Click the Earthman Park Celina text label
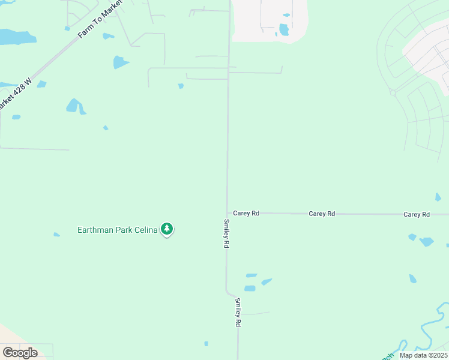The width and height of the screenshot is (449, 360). (117, 230)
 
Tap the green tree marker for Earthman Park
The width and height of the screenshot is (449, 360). (167, 229)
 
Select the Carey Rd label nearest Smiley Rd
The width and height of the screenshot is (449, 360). (246, 213)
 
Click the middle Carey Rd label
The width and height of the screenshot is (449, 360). (322, 214)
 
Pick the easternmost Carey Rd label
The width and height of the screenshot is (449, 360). (417, 214)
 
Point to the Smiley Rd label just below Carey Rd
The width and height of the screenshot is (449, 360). (226, 233)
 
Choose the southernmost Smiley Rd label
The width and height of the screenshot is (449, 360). (238, 312)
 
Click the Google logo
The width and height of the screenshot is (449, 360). (20, 353)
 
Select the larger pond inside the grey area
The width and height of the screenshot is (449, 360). (284, 29)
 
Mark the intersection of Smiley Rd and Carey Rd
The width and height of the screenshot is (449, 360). (227, 213)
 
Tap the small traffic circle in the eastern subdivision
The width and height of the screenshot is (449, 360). (393, 92)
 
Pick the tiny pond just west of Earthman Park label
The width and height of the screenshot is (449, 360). (56, 235)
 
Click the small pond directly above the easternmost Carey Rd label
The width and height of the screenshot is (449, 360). (438, 197)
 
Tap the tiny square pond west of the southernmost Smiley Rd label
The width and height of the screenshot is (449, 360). (206, 344)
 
